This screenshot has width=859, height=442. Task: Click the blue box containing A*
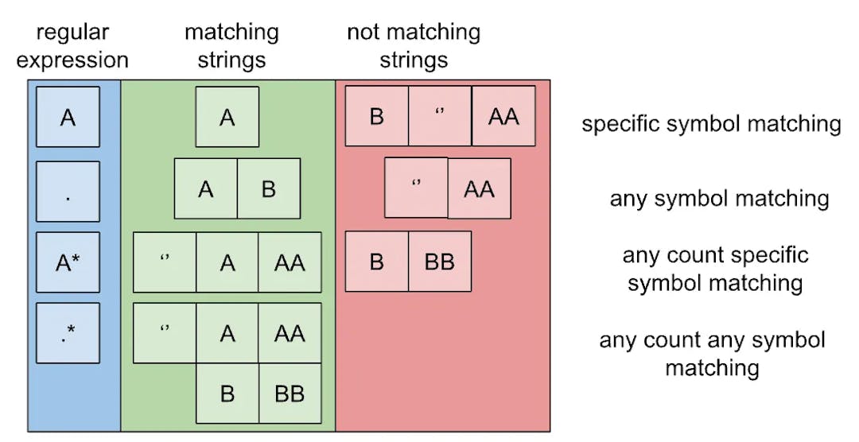pos(68,262)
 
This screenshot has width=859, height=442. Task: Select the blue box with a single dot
pos(68,192)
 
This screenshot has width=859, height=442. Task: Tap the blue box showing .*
pos(68,332)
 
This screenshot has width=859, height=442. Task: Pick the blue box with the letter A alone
pos(68,117)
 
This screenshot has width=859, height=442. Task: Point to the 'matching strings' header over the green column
pos(231,46)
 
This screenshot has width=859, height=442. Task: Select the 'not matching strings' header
pos(414,46)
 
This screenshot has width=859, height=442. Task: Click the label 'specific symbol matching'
pos(711,124)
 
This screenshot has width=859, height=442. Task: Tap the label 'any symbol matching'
pos(719,198)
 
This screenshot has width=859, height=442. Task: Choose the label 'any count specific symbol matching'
pos(715,269)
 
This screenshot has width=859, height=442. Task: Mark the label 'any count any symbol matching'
pos(712,354)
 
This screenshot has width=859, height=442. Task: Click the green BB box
pos(290,394)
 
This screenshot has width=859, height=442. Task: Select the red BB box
pos(440,262)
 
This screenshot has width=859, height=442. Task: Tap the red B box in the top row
pos(376,117)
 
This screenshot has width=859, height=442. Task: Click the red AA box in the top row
pos(503,117)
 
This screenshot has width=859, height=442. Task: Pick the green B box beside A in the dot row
pos(269,188)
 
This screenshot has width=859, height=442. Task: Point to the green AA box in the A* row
pos(290,262)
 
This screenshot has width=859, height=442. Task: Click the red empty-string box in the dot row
pos(416,188)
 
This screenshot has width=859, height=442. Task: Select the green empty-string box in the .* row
pos(165,332)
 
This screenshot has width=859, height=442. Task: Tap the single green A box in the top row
pos(227,117)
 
